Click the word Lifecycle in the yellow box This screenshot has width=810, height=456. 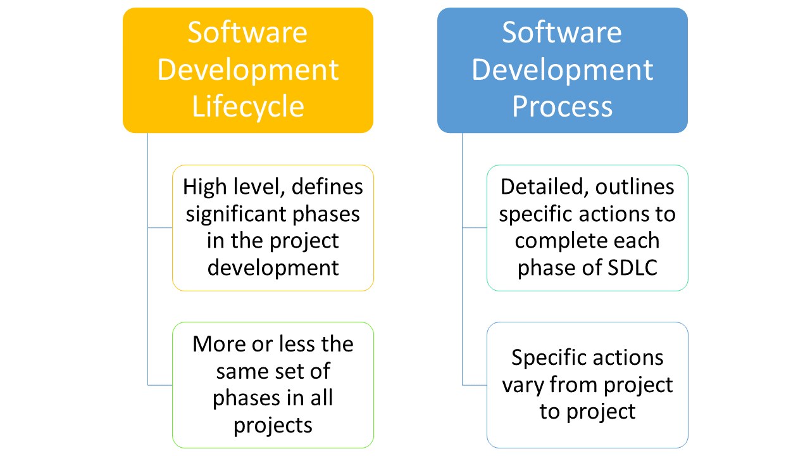click(x=248, y=106)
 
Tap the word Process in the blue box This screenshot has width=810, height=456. click(x=562, y=106)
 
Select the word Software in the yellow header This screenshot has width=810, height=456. click(x=247, y=32)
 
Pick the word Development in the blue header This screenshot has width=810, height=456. click(x=562, y=69)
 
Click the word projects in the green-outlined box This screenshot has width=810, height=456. click(x=273, y=425)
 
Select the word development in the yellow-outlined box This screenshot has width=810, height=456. click(x=273, y=267)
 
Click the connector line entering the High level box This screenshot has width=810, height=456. click(x=159, y=227)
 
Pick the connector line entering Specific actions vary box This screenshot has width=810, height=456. click(x=474, y=384)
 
